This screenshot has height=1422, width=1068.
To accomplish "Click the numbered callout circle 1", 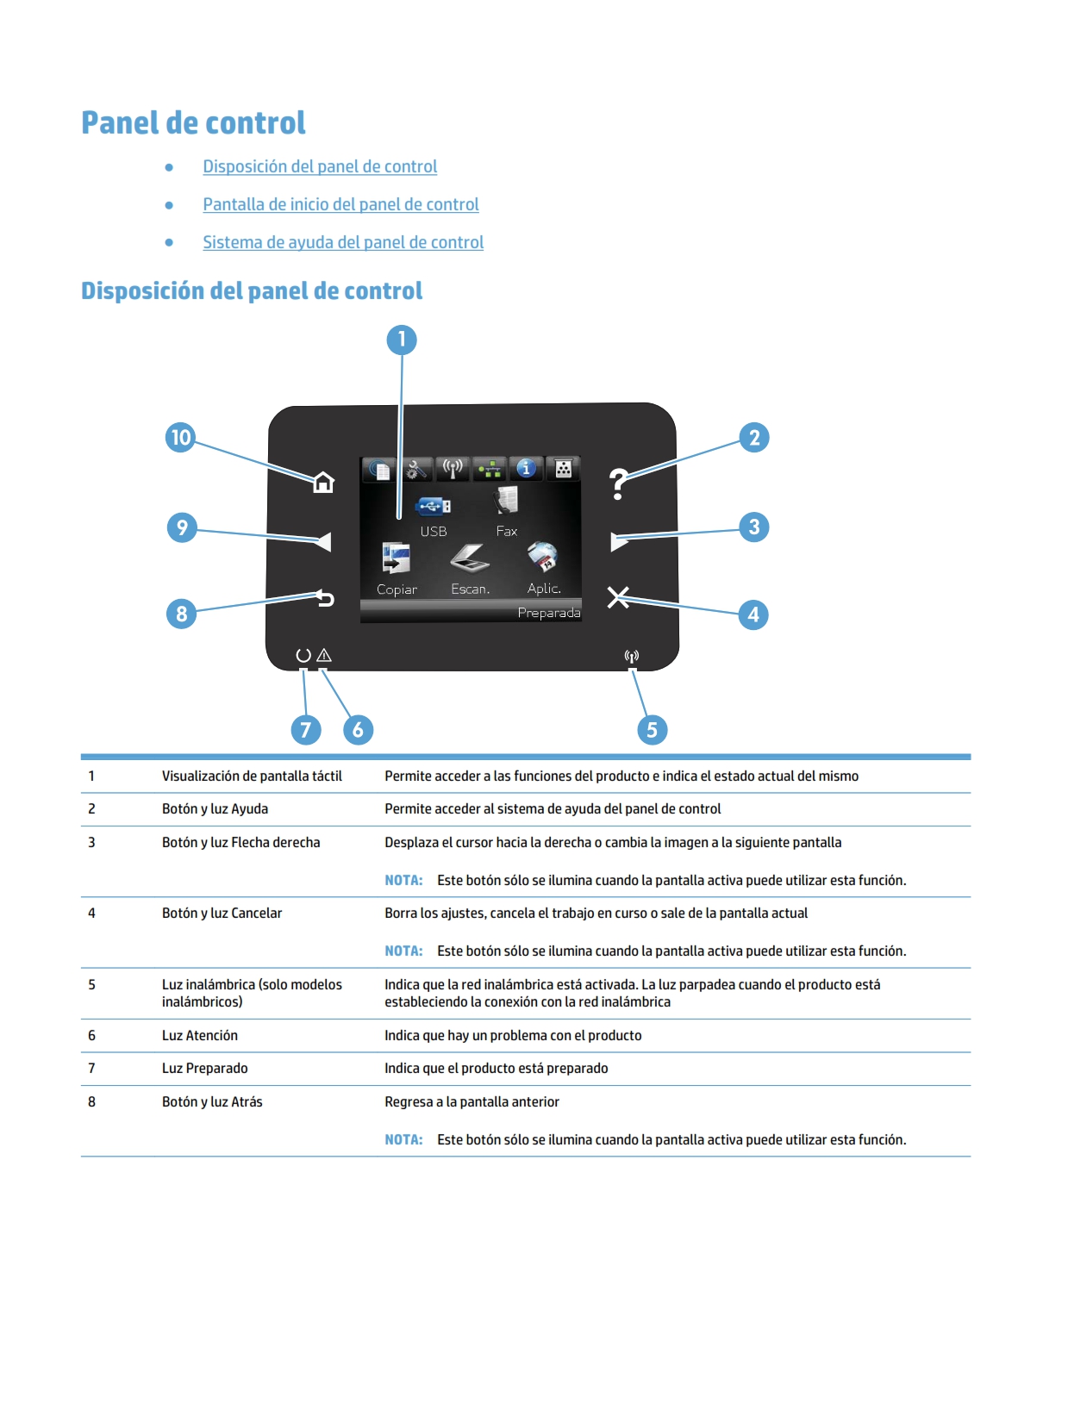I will coord(401,340).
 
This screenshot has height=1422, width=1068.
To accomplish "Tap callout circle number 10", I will coord(181,438).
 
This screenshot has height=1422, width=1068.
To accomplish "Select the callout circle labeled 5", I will coord(652,730).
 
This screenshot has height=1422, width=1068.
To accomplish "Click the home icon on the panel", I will coord(323,483).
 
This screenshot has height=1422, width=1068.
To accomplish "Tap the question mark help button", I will coord(618,484).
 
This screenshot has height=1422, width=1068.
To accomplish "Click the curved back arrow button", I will coord(325,597).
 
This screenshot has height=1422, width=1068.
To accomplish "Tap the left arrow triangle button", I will coord(323,541).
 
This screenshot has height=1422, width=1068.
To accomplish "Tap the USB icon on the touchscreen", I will coord(433,506).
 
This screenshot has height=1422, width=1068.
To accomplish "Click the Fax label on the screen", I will coord(507,531).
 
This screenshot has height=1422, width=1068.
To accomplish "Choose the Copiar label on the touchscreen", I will coord(397,589).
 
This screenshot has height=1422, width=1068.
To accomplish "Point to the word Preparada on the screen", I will coord(548,613).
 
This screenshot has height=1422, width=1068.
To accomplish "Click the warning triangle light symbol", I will coord(324,655).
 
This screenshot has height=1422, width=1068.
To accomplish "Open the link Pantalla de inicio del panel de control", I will coord(340,204).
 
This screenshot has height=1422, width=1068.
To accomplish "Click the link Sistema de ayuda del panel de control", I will coord(343,242).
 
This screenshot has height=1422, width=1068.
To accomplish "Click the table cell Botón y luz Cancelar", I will coord(222,913).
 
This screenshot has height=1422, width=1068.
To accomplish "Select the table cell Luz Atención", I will coord(200,1035).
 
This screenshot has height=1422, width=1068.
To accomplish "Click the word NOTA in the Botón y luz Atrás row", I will coord(403,1139).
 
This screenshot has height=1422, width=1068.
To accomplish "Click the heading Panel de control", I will coord(193,123).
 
